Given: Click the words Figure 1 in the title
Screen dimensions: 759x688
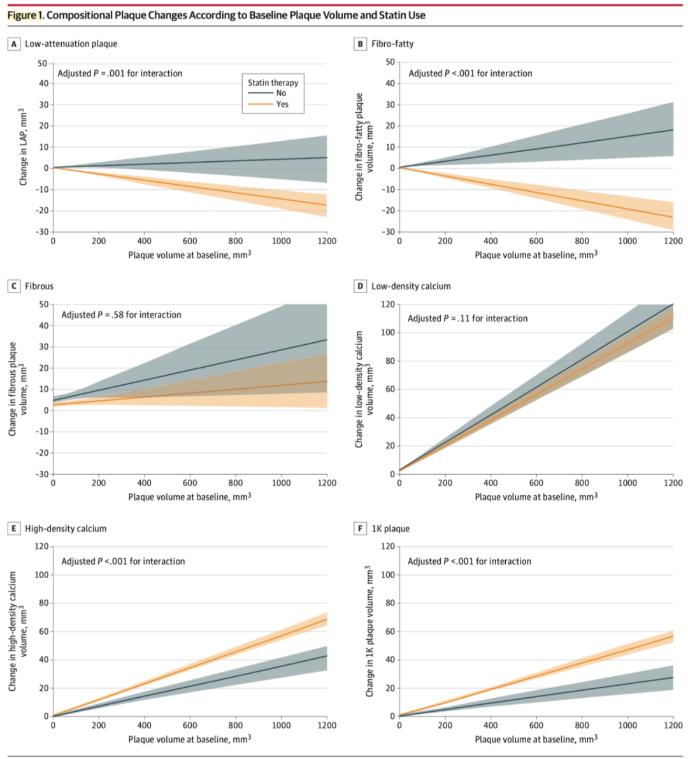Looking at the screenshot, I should point(25,15).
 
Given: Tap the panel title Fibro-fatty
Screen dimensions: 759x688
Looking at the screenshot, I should point(392,44).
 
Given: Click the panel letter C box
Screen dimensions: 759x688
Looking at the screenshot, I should point(13,286).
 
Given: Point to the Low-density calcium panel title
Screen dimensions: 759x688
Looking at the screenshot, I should point(411,286).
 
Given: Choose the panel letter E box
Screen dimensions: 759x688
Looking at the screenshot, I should point(13,528).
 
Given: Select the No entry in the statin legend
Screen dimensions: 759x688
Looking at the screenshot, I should point(281,93).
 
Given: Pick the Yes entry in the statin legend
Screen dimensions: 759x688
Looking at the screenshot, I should point(282,105).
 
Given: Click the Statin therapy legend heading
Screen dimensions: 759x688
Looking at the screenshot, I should point(273,83).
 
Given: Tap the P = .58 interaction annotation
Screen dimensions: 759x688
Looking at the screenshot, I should point(121,315).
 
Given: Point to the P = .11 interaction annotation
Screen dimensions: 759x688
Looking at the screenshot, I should point(468,318).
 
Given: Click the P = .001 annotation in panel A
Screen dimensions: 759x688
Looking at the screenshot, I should point(120,73).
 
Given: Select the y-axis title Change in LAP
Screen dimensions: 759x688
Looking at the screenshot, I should point(24,147).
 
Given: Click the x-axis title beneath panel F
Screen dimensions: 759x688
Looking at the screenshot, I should point(536,739).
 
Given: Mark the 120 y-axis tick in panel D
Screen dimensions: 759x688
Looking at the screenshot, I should point(387,305).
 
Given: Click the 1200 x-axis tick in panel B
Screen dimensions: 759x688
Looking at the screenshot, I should point(673,241).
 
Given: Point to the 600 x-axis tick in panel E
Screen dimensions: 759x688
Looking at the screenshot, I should point(190,725).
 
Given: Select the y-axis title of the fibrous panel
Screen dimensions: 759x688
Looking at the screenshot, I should point(17,389).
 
